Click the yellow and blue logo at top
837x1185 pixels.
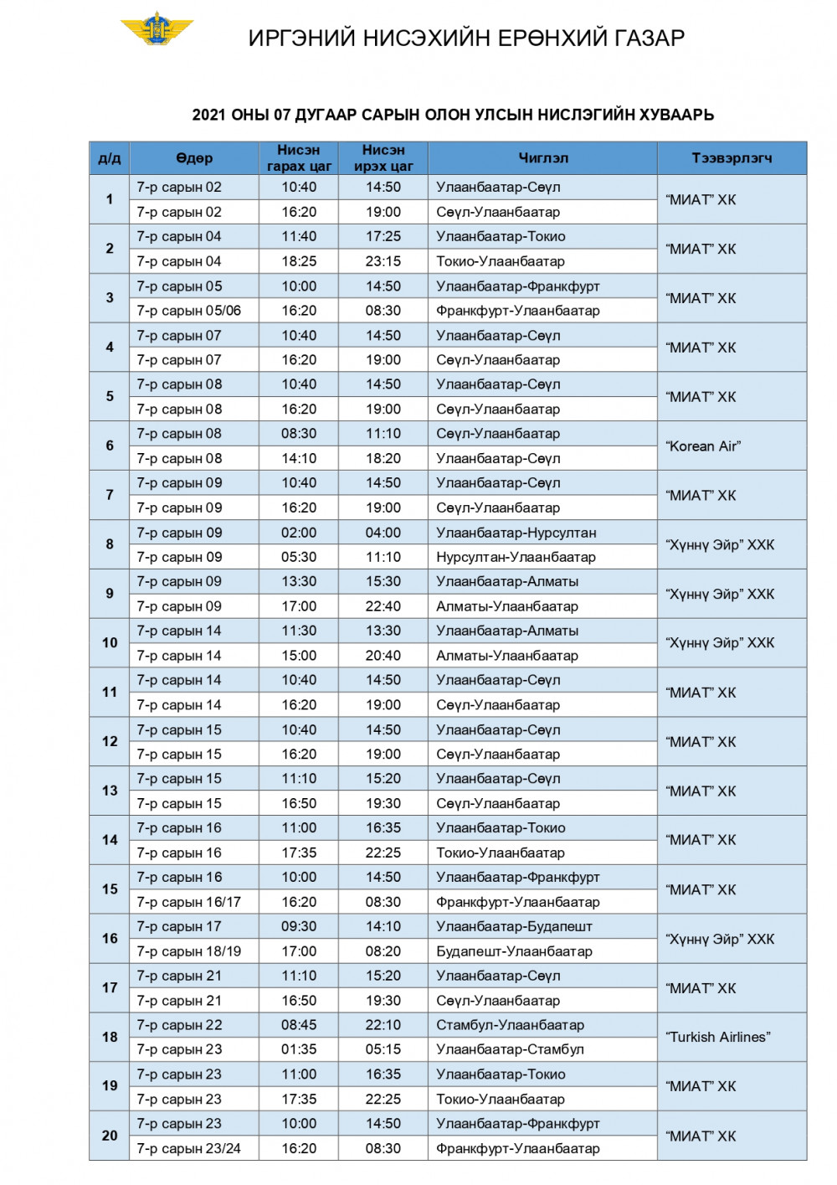pos(157,28)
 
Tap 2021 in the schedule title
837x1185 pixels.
pos(209,115)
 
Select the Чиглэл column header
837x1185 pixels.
pos(542,158)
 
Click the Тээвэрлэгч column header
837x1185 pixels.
pos(732,158)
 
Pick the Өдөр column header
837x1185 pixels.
pos(194,158)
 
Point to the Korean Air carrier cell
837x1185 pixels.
pos(704,446)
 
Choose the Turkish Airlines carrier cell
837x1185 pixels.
pos(718,1037)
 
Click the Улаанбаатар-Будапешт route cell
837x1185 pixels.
pos(514,926)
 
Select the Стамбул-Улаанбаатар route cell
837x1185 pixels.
pos(510,1025)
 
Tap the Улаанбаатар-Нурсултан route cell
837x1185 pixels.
pos(516,533)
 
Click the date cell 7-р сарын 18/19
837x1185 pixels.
pos(189,951)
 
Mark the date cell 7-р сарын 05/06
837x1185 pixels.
pos(189,311)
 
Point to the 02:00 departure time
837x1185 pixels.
pos(299,533)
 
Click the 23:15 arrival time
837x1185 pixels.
pos(383,261)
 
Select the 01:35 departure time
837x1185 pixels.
pos(299,1049)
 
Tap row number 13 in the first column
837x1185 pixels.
pos(110,791)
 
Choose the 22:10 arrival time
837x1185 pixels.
pos(383,1025)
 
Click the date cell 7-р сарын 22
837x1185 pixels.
pos(179,1025)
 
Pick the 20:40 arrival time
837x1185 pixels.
pos(383,656)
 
